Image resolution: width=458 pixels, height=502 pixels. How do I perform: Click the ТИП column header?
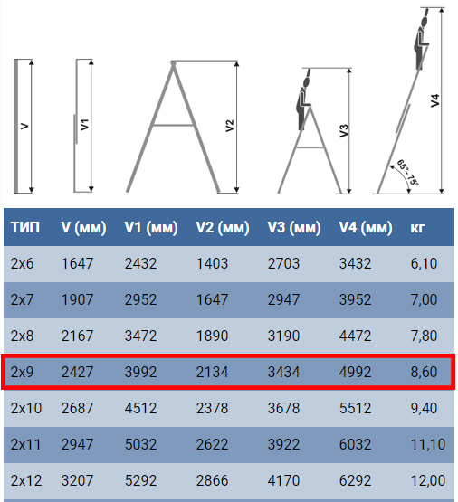point(25,227)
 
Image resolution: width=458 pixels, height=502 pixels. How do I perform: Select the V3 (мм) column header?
point(294,228)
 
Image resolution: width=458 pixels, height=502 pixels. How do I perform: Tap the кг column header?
point(417,228)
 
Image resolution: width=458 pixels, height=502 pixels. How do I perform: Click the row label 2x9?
point(22,372)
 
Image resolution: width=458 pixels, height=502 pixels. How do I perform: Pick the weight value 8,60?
point(424,372)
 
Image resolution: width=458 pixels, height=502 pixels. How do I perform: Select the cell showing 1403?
point(212,263)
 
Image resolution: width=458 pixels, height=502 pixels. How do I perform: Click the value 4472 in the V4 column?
point(355,336)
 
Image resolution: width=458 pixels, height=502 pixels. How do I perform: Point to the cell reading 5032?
point(140,444)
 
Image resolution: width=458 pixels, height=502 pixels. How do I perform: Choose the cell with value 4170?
point(283,480)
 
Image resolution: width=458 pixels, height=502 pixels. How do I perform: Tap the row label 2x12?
point(26,480)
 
